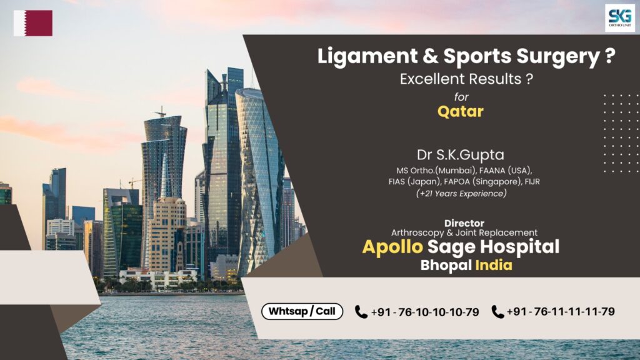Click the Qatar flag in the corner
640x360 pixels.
point(33,23)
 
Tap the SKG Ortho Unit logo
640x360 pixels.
point(619,18)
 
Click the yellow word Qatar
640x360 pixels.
point(461,112)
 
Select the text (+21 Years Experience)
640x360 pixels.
point(461,194)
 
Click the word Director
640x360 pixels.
point(464,223)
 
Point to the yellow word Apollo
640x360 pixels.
point(394,247)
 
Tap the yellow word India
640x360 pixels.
point(494,265)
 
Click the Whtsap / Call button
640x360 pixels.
point(302,311)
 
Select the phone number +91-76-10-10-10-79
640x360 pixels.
point(425,312)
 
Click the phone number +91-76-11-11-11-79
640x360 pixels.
point(561,311)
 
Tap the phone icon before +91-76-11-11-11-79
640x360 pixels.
point(497,311)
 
